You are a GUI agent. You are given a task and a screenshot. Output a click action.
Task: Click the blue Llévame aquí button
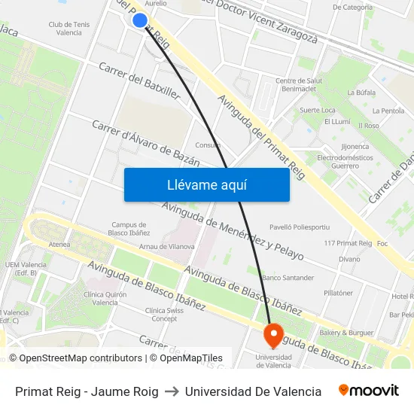click(x=206, y=184)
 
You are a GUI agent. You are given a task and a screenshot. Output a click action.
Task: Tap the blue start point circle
click(x=140, y=20)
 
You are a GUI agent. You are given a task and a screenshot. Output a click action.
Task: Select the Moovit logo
click(x=368, y=391)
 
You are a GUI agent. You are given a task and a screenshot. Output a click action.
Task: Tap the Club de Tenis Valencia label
click(x=69, y=29)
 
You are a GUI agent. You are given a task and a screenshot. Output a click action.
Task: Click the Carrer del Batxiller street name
click(x=139, y=81)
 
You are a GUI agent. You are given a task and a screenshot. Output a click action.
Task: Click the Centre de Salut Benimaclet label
click(x=299, y=85)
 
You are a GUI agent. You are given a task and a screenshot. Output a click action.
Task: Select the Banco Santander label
click(x=288, y=278)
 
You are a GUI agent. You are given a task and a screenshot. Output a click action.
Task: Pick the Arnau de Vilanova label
click(x=167, y=246)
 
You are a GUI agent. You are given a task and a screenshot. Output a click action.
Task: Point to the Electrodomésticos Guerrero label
click(x=344, y=161)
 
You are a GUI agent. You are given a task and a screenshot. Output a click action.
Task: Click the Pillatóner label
click(x=338, y=293)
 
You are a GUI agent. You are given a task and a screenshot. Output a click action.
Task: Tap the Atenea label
click(x=59, y=244)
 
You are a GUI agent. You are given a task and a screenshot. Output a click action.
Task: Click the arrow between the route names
click(x=172, y=391)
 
